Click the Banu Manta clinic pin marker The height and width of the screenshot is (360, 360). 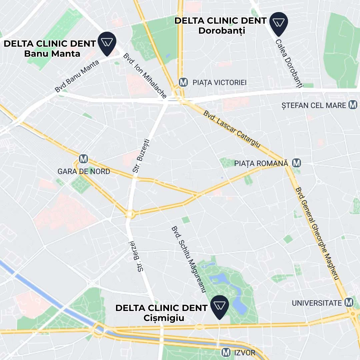107,43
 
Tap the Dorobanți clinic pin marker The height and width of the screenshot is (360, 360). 279,23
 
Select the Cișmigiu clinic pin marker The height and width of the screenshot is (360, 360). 219,306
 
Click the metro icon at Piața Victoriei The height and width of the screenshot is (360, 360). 183,82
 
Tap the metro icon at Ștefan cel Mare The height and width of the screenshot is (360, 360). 353,105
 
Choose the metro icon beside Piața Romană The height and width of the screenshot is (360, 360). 296,163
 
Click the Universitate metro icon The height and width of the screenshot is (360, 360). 349,303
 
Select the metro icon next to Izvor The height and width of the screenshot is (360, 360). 226,352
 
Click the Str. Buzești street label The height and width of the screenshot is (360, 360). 141,156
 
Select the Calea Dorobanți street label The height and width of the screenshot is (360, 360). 289,64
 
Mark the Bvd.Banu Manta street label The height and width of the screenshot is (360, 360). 77,76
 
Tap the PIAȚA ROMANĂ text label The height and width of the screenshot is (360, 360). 261,163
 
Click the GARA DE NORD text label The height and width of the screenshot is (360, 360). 84,171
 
